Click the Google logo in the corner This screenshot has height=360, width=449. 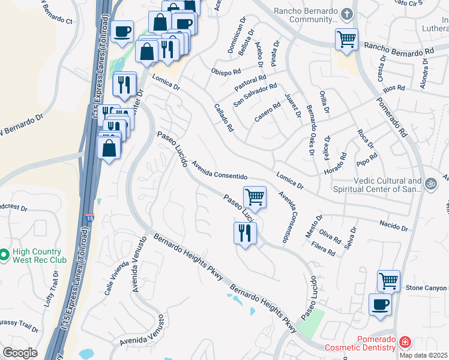click(x=20, y=353)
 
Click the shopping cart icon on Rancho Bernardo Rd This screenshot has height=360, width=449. click(x=346, y=39)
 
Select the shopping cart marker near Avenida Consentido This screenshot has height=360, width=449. click(x=255, y=196)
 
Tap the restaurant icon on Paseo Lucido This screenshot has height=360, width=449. click(x=244, y=232)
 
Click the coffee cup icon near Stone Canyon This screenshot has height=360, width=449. click(x=379, y=304)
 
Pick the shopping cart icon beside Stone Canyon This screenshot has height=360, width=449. click(x=388, y=280)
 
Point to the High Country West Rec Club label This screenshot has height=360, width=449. click(x=38, y=256)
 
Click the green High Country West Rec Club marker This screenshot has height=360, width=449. click(x=5, y=256)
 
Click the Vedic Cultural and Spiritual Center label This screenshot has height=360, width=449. click(x=382, y=185)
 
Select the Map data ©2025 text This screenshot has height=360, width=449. click(x=423, y=355)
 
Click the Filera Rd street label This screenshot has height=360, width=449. click(x=323, y=249)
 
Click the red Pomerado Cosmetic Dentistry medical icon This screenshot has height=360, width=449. click(x=405, y=343)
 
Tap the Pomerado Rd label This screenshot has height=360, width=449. click(x=391, y=116)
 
